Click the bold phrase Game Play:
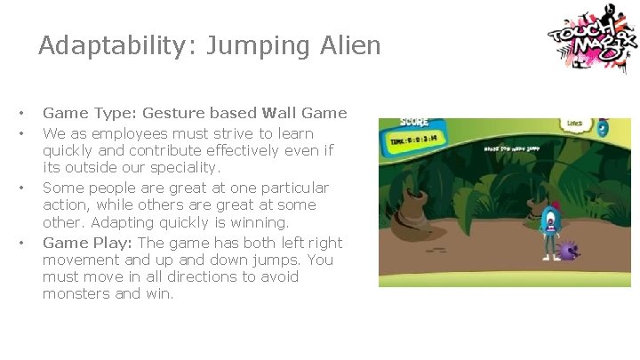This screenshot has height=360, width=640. pos(87,243)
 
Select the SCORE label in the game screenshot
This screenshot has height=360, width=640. pos(414,123)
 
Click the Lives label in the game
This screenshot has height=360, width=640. pos(576,124)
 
